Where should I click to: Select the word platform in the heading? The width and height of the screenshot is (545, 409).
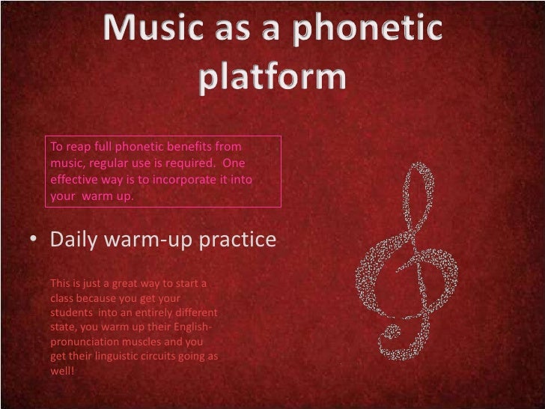[x=272, y=78]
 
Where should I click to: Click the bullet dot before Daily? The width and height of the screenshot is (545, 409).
[x=34, y=241]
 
